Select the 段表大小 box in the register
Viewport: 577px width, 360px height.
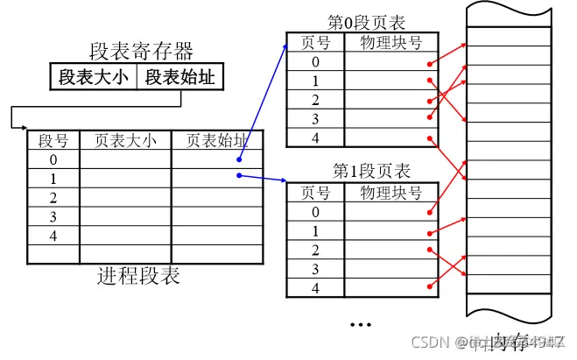[93, 77]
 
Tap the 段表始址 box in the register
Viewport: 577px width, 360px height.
[179, 77]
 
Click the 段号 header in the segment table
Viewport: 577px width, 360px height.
[53, 141]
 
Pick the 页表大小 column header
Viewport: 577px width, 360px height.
[125, 141]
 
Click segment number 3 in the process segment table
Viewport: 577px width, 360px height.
[53, 216]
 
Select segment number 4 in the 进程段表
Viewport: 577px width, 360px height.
[53, 236]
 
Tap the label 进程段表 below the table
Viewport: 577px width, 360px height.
[138, 277]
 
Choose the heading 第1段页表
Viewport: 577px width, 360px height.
[370, 171]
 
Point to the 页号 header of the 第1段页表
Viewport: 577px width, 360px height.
[316, 192]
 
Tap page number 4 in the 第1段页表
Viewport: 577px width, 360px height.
[316, 288]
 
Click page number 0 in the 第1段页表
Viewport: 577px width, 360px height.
[316, 211]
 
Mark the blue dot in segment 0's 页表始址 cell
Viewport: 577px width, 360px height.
[238, 160]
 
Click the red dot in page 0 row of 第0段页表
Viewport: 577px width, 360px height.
[428, 63]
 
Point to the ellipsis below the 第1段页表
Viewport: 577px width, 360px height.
[361, 323]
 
